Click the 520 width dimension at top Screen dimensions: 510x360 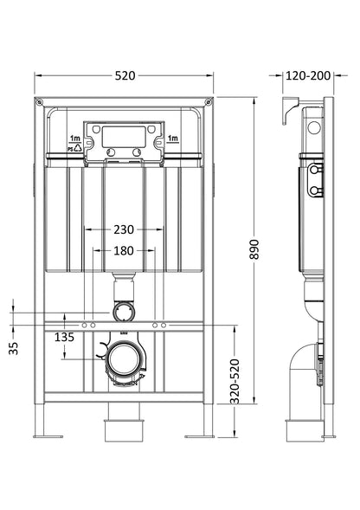125,75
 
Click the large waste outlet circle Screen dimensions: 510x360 124,357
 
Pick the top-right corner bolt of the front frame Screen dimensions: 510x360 209,102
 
